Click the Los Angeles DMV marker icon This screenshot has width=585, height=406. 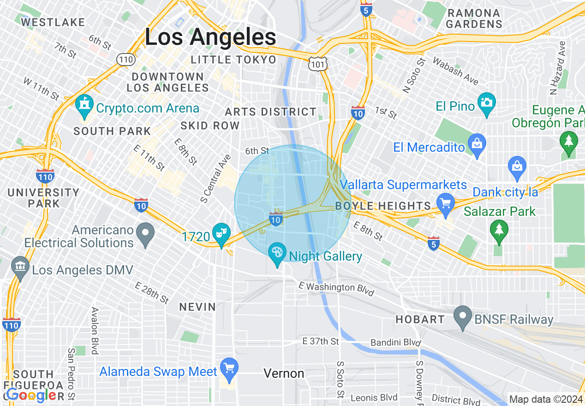[20, 268]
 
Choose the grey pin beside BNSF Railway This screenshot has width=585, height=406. [463, 317]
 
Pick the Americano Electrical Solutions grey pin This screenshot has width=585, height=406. [146, 233]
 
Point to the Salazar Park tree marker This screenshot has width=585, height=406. [499, 231]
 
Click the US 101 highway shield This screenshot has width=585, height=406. [318, 64]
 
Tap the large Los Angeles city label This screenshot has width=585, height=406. [210, 37]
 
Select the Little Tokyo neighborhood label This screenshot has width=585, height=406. [233, 60]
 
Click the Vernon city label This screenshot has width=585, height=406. [284, 373]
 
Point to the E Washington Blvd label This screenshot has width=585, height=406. [336, 287]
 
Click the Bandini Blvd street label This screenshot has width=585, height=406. [396, 343]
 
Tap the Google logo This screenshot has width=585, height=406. [31, 395]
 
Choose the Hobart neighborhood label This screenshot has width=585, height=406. [420, 319]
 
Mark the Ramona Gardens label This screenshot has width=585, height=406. [474, 18]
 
